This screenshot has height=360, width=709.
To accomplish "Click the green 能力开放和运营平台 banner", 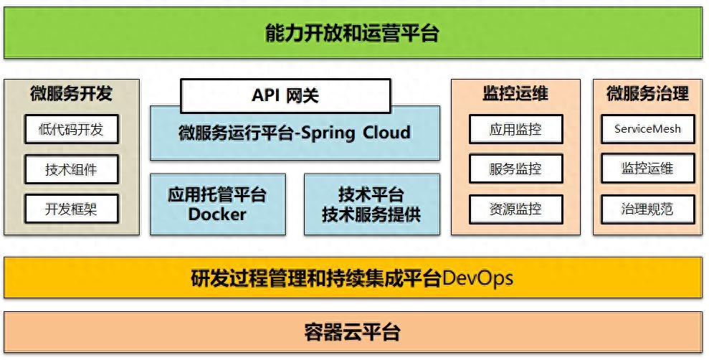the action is pyautogui.click(x=353, y=33).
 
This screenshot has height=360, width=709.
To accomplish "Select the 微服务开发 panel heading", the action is pyautogui.click(x=71, y=94).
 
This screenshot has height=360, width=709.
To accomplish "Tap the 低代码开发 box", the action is pyautogui.click(x=72, y=129).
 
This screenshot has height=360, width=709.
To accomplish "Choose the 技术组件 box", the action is pyautogui.click(x=72, y=169).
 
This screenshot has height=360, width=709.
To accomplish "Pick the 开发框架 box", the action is pyautogui.click(x=72, y=209).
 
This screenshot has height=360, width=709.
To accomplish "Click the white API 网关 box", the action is pyautogui.click(x=285, y=95).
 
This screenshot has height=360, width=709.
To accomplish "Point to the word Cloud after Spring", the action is pyautogui.click(x=386, y=133).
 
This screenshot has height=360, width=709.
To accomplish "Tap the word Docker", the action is pyautogui.click(x=217, y=214).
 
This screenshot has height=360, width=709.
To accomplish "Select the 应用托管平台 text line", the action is pyautogui.click(x=217, y=195).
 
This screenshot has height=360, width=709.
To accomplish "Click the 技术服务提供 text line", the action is pyautogui.click(x=371, y=214).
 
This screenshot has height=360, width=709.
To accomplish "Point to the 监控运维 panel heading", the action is pyautogui.click(x=515, y=94).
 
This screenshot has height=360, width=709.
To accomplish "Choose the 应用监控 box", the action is pyautogui.click(x=516, y=129).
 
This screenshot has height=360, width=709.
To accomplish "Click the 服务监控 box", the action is pyautogui.click(x=516, y=169).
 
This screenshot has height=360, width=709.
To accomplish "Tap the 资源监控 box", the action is pyautogui.click(x=516, y=209).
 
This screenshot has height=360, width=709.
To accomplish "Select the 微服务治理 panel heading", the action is pyautogui.click(x=648, y=94).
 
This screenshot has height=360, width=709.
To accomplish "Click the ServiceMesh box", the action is pyautogui.click(x=648, y=129).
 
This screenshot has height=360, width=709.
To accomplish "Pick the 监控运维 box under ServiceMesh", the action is pyautogui.click(x=648, y=169).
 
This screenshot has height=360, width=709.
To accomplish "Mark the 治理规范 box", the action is pyautogui.click(x=648, y=209).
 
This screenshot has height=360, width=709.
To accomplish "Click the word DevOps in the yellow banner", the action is pyautogui.click(x=478, y=278).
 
